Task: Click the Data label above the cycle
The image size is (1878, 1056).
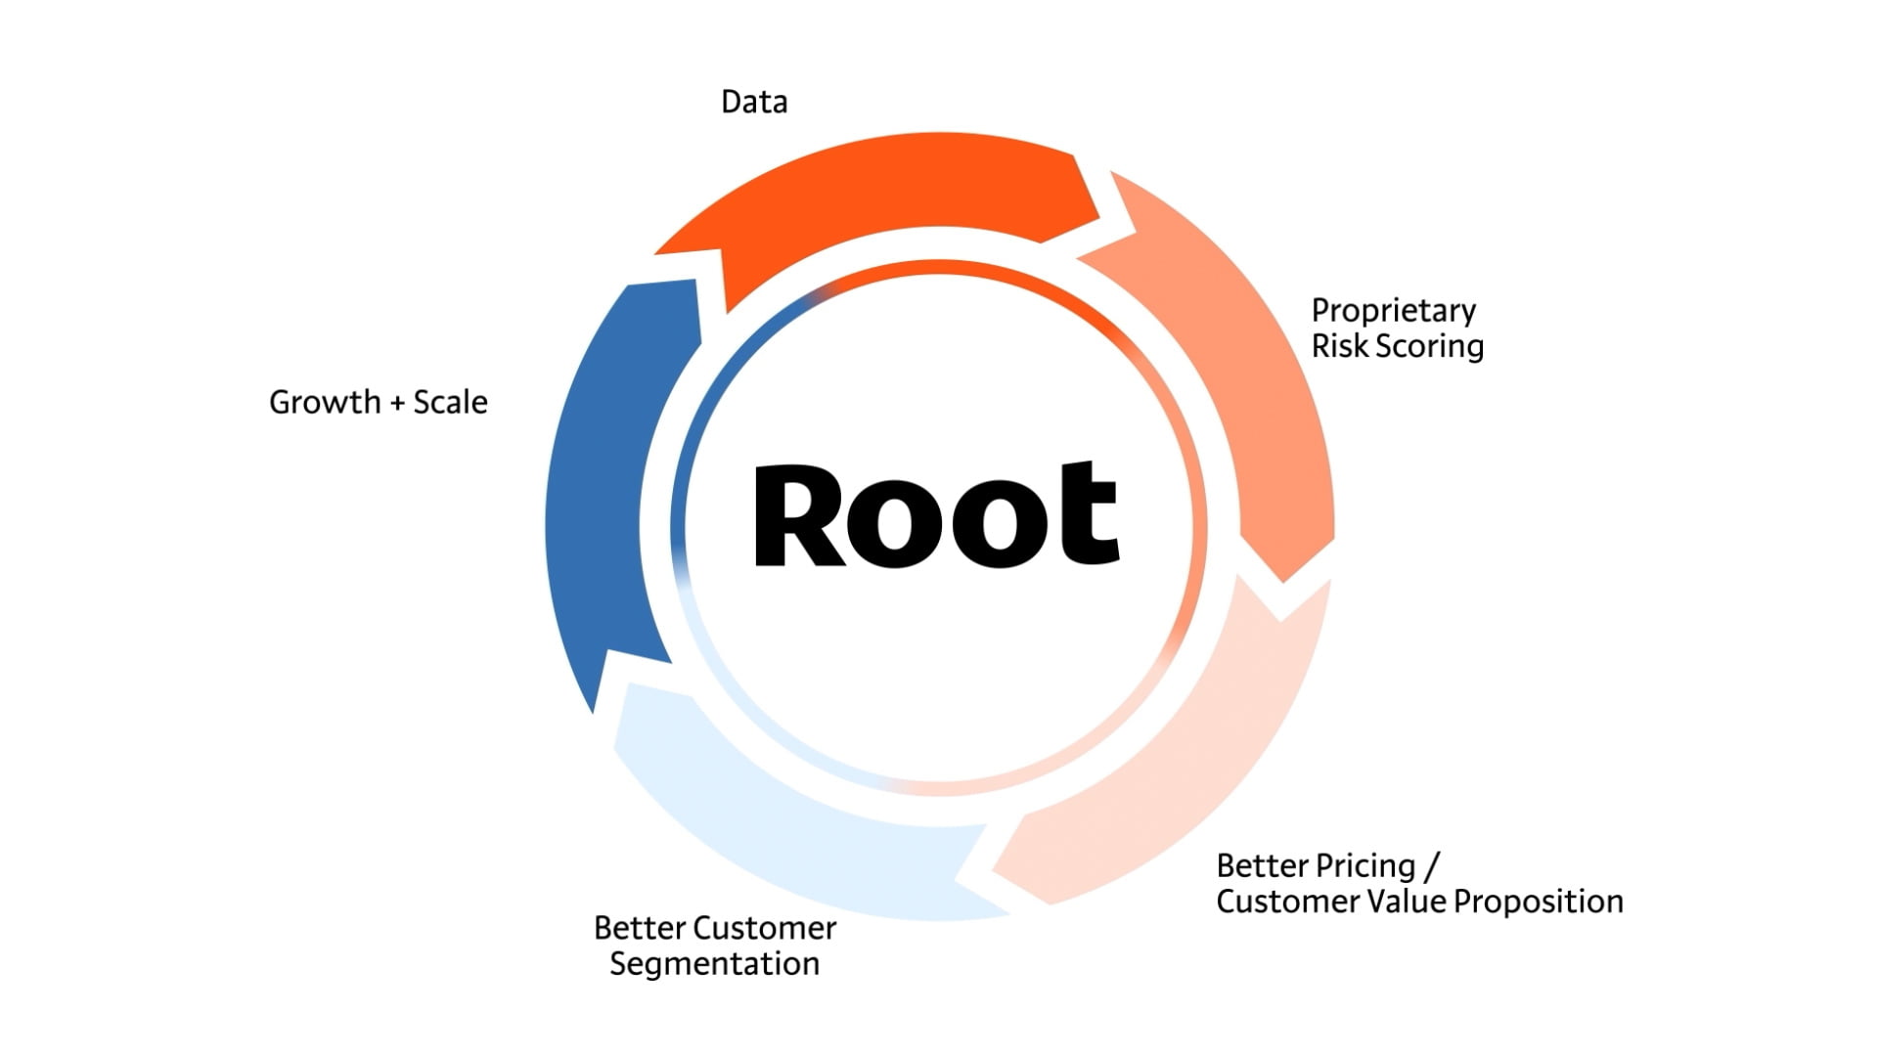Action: pyautogui.click(x=753, y=102)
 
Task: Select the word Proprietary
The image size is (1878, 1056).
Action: pyautogui.click(x=1393, y=312)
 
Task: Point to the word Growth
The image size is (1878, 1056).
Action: pyautogui.click(x=325, y=402)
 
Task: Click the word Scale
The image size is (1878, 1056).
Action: pyautogui.click(x=450, y=402)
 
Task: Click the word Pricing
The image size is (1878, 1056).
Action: pyautogui.click(x=1365, y=867)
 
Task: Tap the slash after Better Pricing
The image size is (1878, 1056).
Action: pyautogui.click(x=1432, y=867)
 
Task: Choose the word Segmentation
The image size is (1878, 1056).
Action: pyautogui.click(x=714, y=965)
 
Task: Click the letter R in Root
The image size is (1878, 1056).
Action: pyautogui.click(x=797, y=515)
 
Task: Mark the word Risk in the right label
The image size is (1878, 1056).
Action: pyautogui.click(x=1338, y=347)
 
